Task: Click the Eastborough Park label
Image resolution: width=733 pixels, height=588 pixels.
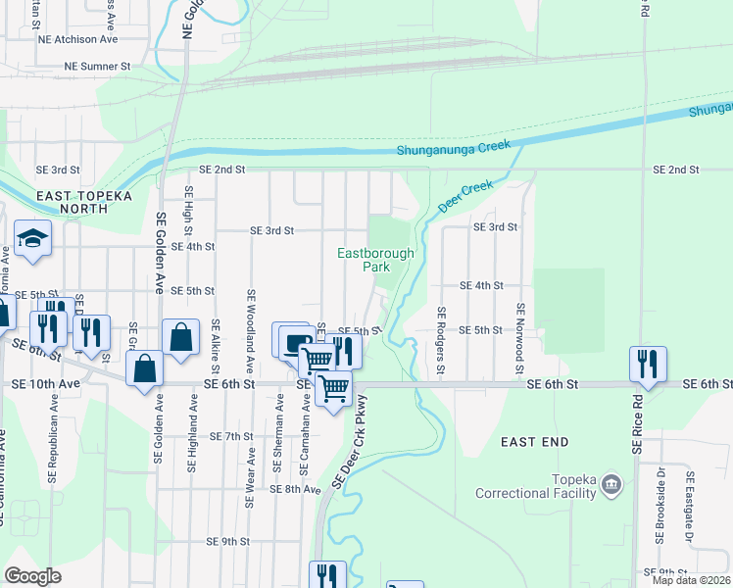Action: [376, 260]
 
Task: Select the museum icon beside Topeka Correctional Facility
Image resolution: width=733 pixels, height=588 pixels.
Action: [611, 484]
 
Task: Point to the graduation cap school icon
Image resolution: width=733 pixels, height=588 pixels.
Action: [32, 239]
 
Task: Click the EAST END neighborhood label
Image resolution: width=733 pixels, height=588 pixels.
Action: [534, 442]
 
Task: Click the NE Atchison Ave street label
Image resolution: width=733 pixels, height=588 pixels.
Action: [77, 39]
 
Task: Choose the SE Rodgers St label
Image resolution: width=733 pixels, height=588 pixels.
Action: [441, 339]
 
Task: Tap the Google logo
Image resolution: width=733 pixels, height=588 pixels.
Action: [32, 576]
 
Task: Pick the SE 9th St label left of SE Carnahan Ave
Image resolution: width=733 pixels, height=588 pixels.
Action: [228, 541]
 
